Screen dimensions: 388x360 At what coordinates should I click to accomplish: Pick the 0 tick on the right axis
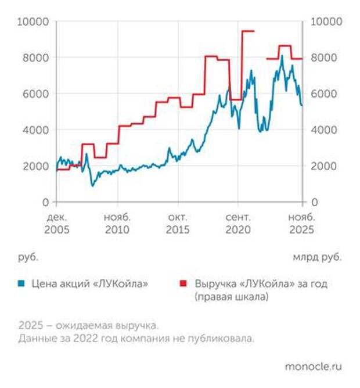[x=314, y=202]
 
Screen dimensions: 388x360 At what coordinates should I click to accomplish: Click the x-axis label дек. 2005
[x=56, y=223]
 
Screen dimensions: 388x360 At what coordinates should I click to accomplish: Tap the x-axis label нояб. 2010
[x=118, y=223]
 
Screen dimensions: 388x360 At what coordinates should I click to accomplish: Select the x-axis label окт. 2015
[x=179, y=223]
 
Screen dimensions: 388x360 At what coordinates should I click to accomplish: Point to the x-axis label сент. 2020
[x=238, y=223]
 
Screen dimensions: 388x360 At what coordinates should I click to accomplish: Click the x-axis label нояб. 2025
[x=302, y=223]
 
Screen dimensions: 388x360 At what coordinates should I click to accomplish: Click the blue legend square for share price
[x=21, y=284]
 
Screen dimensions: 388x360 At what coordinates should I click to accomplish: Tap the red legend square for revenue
[x=183, y=284]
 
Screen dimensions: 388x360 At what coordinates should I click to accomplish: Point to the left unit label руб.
[x=28, y=256]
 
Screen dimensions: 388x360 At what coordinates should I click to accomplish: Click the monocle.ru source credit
[x=314, y=367]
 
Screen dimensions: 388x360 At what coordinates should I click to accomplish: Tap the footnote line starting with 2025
[x=88, y=325]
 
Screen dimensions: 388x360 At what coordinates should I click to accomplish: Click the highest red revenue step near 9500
[x=248, y=31]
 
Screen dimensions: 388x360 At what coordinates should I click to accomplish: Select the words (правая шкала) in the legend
[x=232, y=297]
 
